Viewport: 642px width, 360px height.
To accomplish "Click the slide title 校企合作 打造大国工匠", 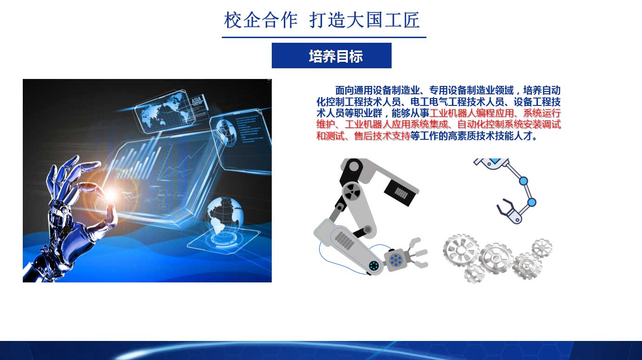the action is click(x=321, y=20).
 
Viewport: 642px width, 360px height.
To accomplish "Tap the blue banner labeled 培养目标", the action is click(x=332, y=56).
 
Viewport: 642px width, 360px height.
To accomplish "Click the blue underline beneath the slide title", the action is click(x=324, y=37).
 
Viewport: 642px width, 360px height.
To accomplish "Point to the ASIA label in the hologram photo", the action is click(x=197, y=100).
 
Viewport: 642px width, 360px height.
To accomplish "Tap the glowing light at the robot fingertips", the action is click(x=111, y=195).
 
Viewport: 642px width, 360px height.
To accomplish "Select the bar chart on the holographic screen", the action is click(x=140, y=162).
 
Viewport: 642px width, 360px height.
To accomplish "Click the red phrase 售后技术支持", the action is click(x=382, y=136).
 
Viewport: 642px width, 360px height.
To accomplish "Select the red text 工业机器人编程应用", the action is click(x=472, y=113).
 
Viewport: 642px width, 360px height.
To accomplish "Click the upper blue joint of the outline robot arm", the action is click(x=524, y=181).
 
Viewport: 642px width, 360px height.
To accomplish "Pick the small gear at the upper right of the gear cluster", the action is click(x=542, y=248).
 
